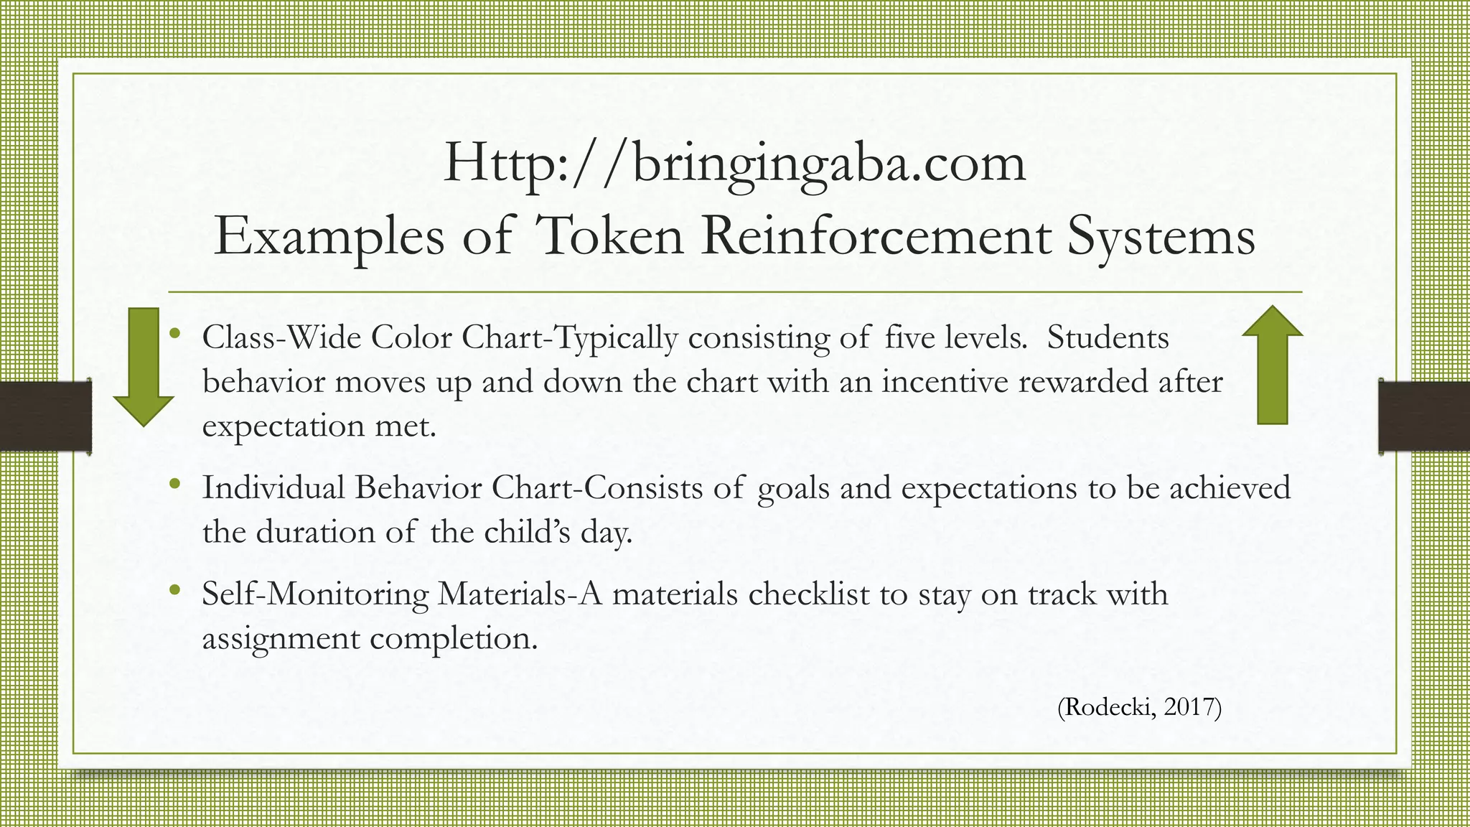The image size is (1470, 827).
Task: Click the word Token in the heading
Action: [x=609, y=236]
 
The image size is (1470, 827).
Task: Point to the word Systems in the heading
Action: [x=1161, y=238]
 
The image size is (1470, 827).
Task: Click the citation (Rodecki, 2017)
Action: [x=1139, y=707]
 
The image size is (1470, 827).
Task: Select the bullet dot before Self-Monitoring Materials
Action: [x=174, y=590]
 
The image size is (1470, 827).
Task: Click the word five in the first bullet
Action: [x=909, y=337]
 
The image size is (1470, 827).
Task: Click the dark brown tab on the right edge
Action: [x=1424, y=416]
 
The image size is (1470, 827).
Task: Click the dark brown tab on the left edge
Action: [x=45, y=416]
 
